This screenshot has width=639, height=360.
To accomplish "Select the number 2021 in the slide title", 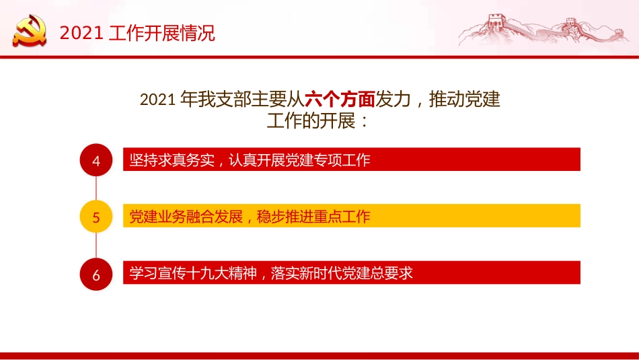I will pos(79,33).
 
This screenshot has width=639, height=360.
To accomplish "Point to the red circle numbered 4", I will pos(96,161).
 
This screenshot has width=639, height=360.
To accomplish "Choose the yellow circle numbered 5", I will pos(96,217).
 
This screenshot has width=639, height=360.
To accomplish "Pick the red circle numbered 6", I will pos(96,275).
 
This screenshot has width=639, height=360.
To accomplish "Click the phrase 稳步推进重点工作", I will pos(313,217).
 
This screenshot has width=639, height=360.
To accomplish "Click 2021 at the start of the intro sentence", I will pos(158,100).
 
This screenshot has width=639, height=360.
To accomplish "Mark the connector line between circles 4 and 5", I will pos(96,189).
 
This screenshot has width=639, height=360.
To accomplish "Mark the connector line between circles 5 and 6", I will pos(96,246).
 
